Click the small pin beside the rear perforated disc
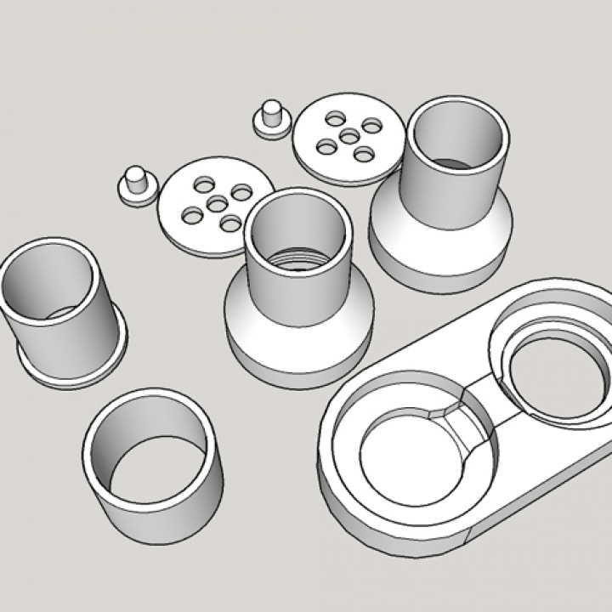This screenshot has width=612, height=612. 271,114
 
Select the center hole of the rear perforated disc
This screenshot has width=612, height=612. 348,136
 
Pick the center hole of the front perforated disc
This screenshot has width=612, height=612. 218,203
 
